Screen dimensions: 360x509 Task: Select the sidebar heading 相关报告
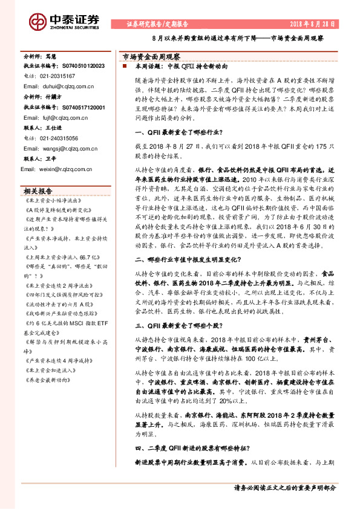click(x=38, y=190)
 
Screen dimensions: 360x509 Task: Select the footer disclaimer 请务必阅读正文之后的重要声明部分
click(x=284, y=487)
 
